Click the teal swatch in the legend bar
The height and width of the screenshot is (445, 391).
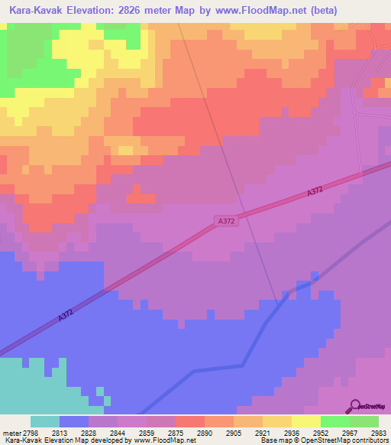[45, 421]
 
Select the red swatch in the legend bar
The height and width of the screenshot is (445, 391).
[190, 421]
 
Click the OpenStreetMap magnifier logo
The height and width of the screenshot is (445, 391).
[355, 405]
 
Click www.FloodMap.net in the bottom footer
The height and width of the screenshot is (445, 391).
[163, 441]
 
